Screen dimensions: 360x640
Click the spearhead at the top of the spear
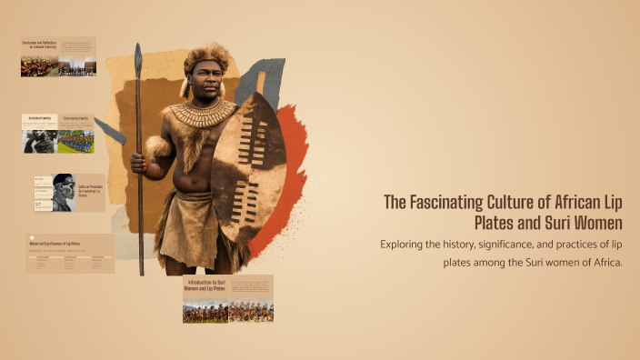(x=138, y=59)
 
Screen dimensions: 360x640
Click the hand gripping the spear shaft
(x=138, y=164)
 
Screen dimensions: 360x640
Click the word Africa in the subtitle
(x=604, y=262)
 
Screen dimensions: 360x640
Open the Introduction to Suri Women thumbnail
(x=228, y=298)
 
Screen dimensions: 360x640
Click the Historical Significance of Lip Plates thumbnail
(x=70, y=254)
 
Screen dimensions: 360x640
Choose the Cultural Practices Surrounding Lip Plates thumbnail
(x=69, y=193)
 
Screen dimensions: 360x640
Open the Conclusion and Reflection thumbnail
(x=58, y=56)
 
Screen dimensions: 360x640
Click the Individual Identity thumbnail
(x=40, y=133)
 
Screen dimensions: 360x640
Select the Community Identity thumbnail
(x=76, y=133)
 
